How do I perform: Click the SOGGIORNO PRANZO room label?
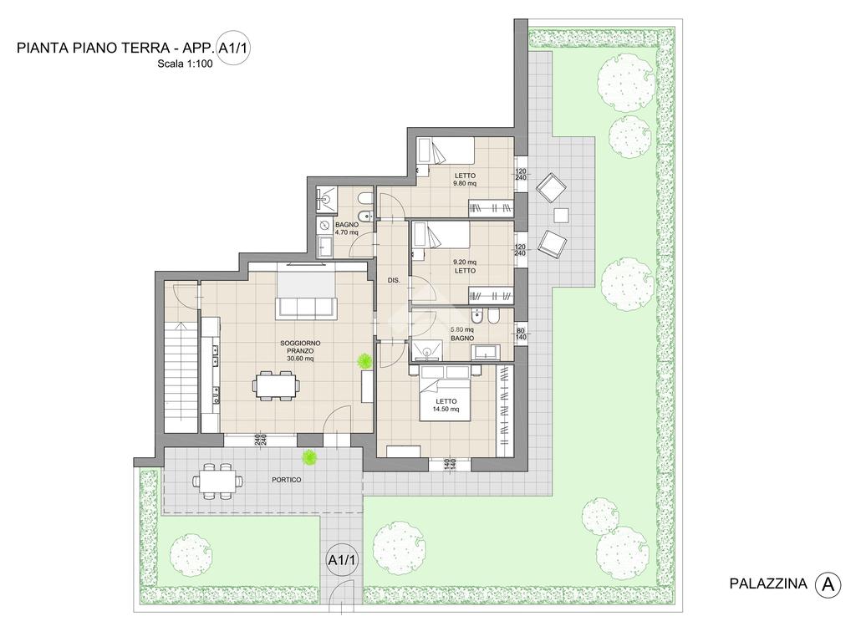(300, 347)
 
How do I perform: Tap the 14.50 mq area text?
(446, 409)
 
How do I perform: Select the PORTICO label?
(287, 480)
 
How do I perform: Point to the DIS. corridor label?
(394, 280)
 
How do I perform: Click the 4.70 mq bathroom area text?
(347, 232)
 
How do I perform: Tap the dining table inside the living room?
(275, 385)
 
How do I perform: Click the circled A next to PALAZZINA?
(828, 584)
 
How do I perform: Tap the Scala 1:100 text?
(185, 64)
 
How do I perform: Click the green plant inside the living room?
(364, 360)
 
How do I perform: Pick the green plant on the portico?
(310, 457)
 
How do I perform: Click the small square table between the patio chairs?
(561, 216)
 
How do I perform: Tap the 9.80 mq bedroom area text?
(465, 183)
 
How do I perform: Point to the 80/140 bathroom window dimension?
(521, 334)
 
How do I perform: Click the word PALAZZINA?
(768, 583)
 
